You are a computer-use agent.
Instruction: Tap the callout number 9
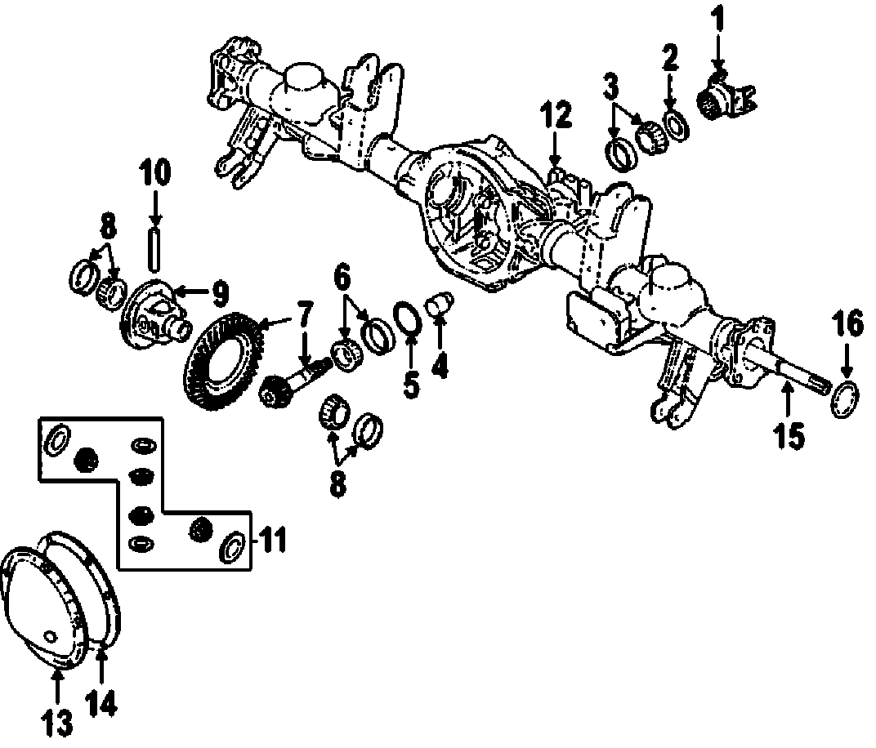tap(220, 290)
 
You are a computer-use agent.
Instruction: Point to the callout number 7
tap(304, 312)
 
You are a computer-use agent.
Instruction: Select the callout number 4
tap(440, 367)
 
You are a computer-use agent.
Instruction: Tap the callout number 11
tap(274, 539)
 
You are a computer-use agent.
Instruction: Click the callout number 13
tap(56, 723)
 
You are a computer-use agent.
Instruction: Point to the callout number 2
tap(669, 59)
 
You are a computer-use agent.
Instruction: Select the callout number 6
tap(342, 278)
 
